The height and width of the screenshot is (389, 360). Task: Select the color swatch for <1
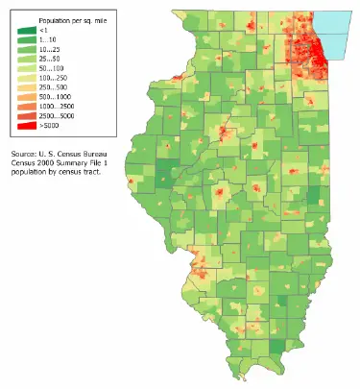26,31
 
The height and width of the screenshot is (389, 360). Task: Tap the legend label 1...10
49,40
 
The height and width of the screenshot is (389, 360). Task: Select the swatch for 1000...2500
26,107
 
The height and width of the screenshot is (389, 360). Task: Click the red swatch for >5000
26,126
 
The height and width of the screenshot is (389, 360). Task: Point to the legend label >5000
49,126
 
